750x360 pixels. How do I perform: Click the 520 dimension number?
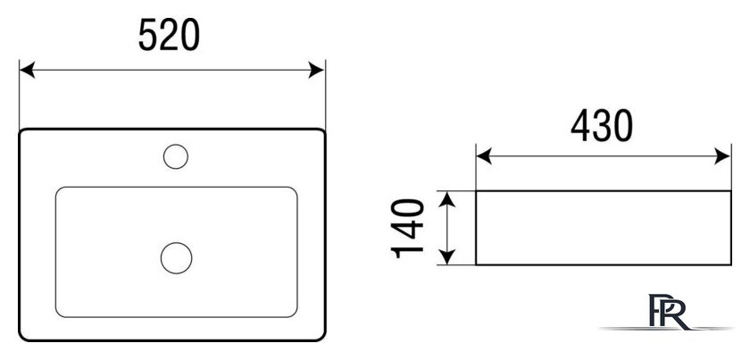[x=169, y=35]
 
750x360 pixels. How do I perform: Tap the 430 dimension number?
[x=602, y=126]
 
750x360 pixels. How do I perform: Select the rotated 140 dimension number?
[x=407, y=229]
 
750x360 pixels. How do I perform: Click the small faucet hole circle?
[x=176, y=156]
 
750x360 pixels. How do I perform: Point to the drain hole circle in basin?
[x=177, y=258]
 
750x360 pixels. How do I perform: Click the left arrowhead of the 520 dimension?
[x=27, y=70]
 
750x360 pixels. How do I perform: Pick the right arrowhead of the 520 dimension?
[x=317, y=70]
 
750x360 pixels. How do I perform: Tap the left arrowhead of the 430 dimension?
[x=484, y=156]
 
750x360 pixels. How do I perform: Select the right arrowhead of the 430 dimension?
[x=722, y=156]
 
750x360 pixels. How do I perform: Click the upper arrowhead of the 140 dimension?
[x=446, y=199]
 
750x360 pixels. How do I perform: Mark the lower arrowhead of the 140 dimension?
[x=446, y=256]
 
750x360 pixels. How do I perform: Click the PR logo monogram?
[x=668, y=312]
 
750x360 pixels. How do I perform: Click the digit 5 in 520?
[x=148, y=35]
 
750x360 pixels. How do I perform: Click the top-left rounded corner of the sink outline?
[x=21, y=131]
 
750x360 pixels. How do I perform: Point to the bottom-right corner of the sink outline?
[x=323, y=339]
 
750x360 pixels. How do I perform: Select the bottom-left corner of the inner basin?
[x=58, y=314]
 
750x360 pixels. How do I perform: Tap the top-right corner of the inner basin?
[x=296, y=189]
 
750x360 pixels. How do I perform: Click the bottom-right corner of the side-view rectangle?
[x=731, y=264]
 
